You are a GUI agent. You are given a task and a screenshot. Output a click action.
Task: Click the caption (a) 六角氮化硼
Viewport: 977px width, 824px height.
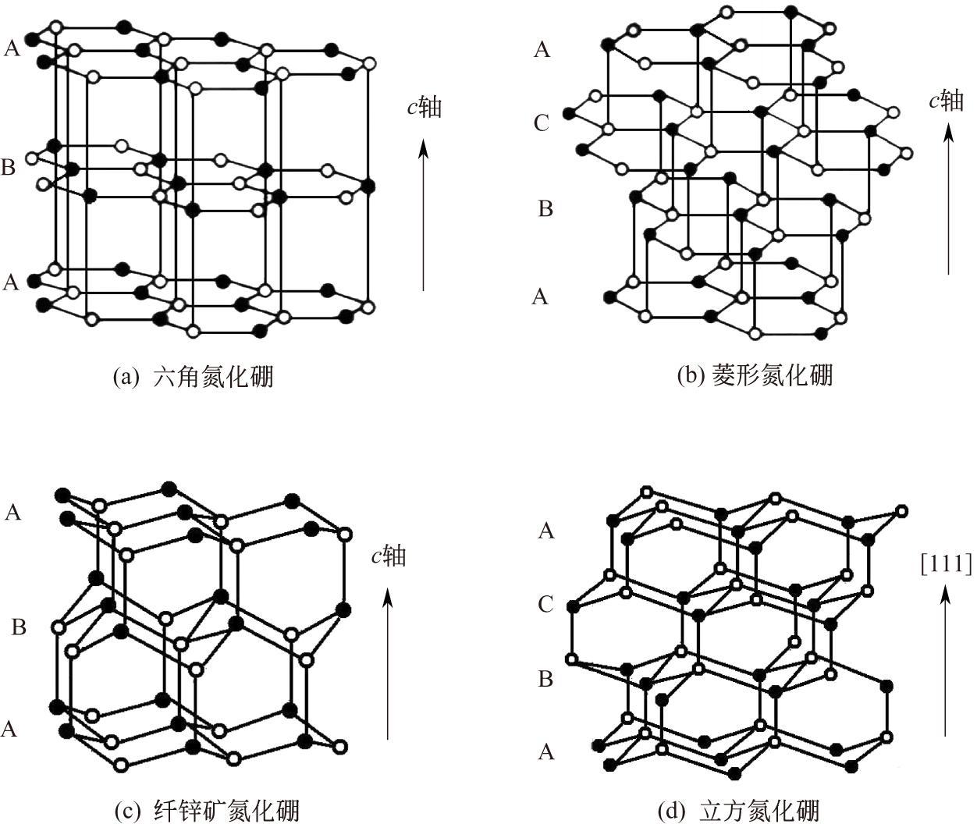pyautogui.click(x=194, y=378)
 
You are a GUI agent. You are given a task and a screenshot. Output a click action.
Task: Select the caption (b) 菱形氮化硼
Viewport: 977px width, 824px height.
pyautogui.click(x=755, y=375)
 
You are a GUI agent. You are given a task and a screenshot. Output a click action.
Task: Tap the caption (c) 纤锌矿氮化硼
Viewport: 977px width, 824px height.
pyautogui.click(x=207, y=811)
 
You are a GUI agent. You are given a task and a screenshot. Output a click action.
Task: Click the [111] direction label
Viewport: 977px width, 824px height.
pyautogui.click(x=946, y=563)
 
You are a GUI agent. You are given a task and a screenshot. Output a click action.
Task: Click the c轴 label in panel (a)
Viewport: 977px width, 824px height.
pyautogui.click(x=424, y=107)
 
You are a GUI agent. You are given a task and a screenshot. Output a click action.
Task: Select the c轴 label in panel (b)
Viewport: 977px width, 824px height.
pyautogui.click(x=946, y=101)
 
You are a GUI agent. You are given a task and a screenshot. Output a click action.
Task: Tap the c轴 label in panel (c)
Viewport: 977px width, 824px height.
pyautogui.click(x=388, y=556)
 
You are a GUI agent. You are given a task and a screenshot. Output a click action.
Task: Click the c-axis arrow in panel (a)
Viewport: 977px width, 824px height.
pyautogui.click(x=424, y=215)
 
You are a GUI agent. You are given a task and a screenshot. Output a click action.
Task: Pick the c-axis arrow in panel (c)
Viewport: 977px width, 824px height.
pyautogui.click(x=388, y=663)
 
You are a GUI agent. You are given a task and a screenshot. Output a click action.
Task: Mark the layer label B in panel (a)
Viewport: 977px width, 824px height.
pyautogui.click(x=9, y=168)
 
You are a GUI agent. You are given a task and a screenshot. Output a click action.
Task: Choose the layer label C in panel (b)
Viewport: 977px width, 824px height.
pyautogui.click(x=541, y=123)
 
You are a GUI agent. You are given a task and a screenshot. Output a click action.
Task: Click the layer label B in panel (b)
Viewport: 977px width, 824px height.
pyautogui.click(x=545, y=209)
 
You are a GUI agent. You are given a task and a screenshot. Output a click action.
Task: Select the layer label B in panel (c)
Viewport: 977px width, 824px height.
pyautogui.click(x=20, y=627)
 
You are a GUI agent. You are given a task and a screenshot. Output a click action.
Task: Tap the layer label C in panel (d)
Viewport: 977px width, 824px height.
pyautogui.click(x=545, y=604)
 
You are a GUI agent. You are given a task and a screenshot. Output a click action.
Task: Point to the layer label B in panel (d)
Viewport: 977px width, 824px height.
pyautogui.click(x=545, y=680)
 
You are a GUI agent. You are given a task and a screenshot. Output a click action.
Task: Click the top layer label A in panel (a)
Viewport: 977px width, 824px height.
pyautogui.click(x=12, y=48)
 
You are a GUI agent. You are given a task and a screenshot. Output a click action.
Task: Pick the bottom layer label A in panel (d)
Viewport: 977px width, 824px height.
pyautogui.click(x=546, y=752)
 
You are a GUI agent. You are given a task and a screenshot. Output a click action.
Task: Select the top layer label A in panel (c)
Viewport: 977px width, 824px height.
pyautogui.click(x=12, y=513)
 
